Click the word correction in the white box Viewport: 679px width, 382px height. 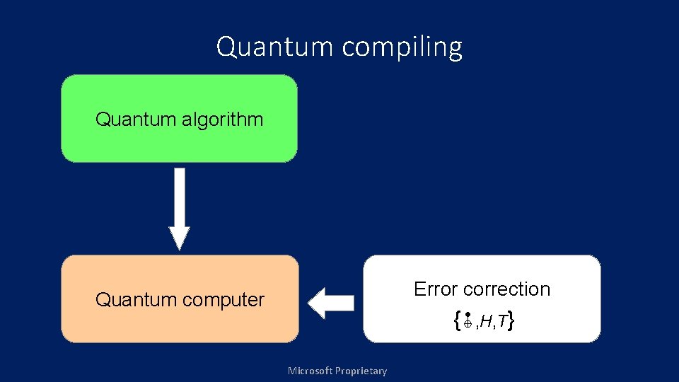point(506,289)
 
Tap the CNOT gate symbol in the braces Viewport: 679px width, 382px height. point(468,322)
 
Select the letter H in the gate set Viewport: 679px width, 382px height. point(487,323)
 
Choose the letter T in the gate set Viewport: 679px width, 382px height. point(501,323)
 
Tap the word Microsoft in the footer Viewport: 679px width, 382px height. point(311,371)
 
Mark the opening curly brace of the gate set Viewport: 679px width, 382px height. point(458,322)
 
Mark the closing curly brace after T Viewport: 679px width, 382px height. point(510,322)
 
